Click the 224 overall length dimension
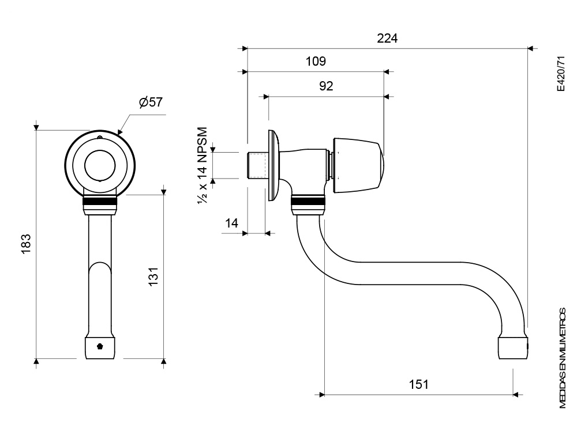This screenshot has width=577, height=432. [387, 39]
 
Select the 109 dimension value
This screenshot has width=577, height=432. [316, 61]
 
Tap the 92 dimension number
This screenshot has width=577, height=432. [326, 86]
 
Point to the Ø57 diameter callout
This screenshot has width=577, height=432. [151, 102]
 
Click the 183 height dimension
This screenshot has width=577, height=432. [26, 244]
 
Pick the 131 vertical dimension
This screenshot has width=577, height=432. [153, 276]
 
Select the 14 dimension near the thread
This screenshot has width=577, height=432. [232, 223]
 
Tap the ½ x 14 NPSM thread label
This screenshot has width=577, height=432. [203, 165]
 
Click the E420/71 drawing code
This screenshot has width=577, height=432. [560, 74]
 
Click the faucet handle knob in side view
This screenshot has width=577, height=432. [358, 165]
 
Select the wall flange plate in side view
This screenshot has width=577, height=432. [271, 166]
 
